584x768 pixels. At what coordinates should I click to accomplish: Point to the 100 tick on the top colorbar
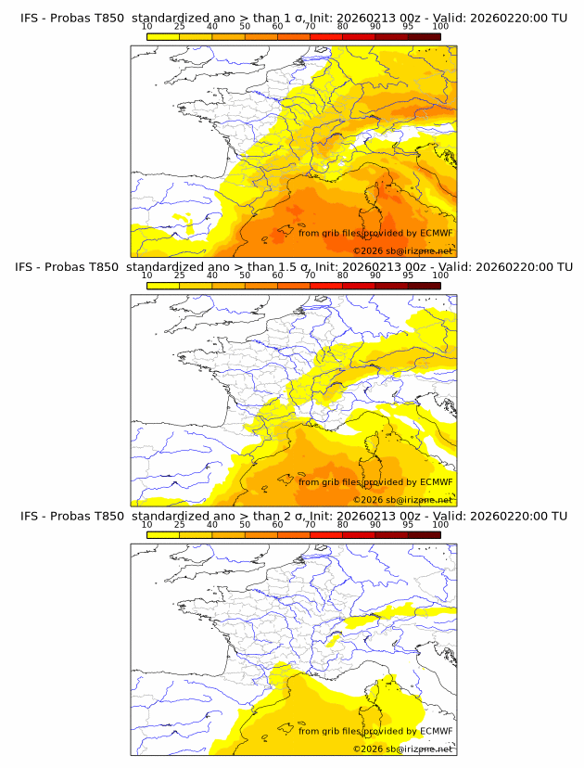click(440, 27)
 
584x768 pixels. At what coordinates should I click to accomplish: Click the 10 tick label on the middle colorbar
click(147, 275)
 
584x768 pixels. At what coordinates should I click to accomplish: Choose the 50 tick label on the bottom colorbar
click(245, 524)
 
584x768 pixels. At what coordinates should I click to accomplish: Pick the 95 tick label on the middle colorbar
click(408, 275)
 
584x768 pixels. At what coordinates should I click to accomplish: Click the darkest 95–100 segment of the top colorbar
click(424, 36)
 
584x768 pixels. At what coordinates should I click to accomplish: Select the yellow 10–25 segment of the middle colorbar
click(163, 285)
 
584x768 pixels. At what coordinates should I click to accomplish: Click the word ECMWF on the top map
click(436, 234)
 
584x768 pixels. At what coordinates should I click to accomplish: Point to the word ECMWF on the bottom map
click(436, 731)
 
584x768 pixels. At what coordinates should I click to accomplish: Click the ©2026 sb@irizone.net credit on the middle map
click(402, 500)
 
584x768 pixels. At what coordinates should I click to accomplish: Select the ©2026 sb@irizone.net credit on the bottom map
click(402, 749)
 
